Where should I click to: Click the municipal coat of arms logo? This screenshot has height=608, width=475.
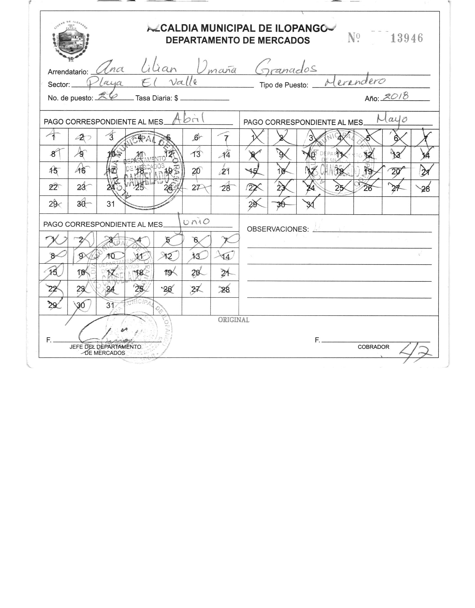(x=71, y=41)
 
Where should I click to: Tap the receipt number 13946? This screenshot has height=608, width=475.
(x=407, y=38)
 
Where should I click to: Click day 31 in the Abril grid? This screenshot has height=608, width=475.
(x=111, y=204)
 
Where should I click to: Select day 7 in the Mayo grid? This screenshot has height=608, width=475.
(x=425, y=138)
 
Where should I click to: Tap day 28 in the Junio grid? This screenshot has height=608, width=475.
(x=225, y=290)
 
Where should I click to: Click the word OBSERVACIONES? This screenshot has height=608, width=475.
(x=277, y=229)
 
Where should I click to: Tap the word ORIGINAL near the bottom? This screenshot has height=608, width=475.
(x=233, y=320)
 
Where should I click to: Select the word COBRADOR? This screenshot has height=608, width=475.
(x=373, y=347)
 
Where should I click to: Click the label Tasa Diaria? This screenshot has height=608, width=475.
(x=157, y=98)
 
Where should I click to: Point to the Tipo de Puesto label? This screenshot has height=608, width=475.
(x=284, y=85)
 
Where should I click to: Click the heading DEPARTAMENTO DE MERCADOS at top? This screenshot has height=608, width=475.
(x=238, y=40)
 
